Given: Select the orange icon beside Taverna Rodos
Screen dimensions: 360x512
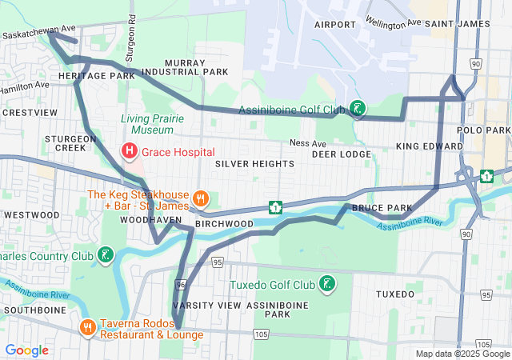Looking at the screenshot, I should [x=87, y=328].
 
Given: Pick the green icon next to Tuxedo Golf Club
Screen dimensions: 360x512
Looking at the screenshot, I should [x=327, y=284].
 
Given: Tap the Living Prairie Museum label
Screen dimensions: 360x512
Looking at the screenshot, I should [x=147, y=124].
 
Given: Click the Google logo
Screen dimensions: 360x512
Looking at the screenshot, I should [x=26, y=350].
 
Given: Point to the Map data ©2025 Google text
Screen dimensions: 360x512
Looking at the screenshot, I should [x=462, y=354].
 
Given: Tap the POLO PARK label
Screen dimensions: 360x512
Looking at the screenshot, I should [x=483, y=130].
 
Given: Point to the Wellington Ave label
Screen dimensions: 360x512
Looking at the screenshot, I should [x=392, y=22].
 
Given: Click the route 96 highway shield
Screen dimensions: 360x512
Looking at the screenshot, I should [x=180, y=285].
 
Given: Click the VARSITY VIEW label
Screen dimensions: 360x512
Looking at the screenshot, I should [x=206, y=306].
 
